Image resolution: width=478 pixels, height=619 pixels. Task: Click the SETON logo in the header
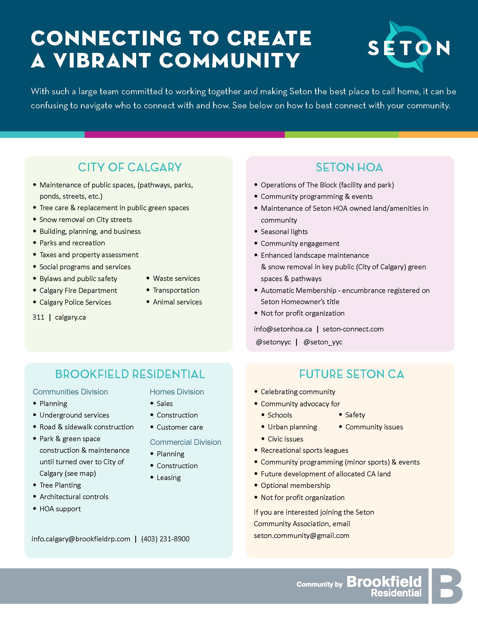tap(409, 47)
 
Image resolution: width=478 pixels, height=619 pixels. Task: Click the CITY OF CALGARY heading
tap(130, 167)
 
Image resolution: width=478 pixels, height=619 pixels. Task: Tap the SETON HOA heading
tap(350, 167)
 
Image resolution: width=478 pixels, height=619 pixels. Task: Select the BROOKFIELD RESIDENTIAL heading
tap(130, 374)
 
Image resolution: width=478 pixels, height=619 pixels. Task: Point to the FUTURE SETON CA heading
tap(351, 374)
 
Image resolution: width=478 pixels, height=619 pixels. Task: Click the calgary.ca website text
tap(70, 317)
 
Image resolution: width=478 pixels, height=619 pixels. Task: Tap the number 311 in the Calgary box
tap(38, 317)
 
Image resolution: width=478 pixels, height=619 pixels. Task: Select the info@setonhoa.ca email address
tap(283, 329)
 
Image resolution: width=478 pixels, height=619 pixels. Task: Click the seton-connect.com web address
tap(353, 329)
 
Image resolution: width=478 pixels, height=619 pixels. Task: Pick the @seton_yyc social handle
tap(323, 342)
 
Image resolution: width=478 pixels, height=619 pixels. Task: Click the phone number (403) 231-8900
tap(165, 539)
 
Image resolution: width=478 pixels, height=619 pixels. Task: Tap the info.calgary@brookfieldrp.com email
tap(81, 539)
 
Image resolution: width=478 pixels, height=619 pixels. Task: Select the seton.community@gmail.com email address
tap(301, 535)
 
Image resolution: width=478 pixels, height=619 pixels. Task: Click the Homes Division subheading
tap(177, 392)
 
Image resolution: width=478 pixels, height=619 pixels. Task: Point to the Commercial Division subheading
tap(185, 442)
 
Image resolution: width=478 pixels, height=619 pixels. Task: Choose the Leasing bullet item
tap(168, 477)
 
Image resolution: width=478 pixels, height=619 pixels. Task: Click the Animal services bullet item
tap(177, 302)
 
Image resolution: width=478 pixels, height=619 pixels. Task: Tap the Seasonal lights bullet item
tap(284, 232)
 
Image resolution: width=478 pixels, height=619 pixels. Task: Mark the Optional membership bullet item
tap(295, 486)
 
